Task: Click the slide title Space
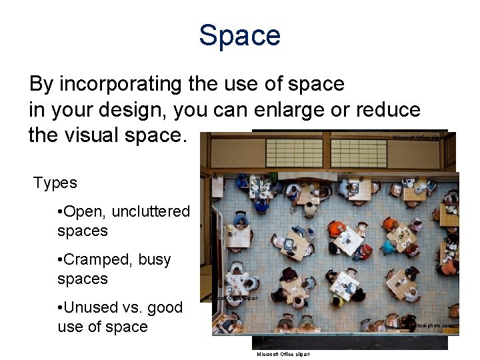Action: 239,35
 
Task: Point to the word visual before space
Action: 100,135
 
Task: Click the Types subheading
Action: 55,183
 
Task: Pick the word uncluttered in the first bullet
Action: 151,212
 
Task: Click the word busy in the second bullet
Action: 155,259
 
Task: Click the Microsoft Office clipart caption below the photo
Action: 283,354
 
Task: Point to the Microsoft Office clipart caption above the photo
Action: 419,137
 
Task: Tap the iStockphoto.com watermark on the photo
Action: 435,325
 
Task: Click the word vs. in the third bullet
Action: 133,307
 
